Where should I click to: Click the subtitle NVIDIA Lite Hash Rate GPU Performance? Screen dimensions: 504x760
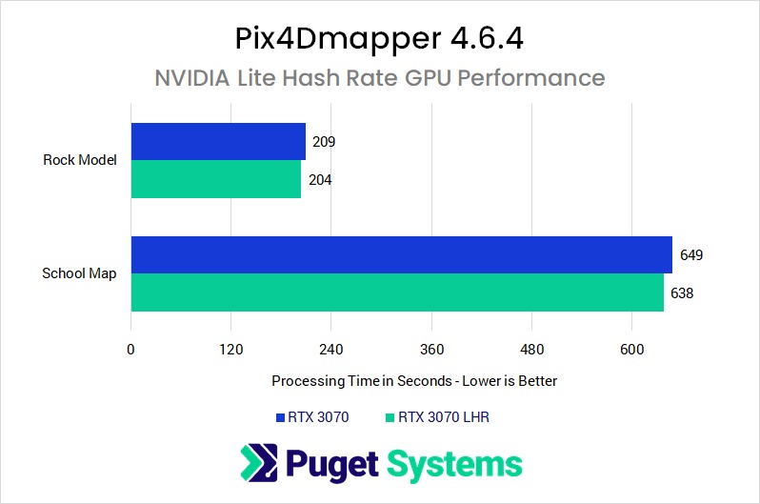tap(379, 77)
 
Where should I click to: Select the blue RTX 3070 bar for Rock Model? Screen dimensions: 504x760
tap(218, 141)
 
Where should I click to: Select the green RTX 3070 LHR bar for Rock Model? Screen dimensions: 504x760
tap(216, 179)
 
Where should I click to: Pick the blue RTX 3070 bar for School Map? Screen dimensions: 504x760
tap(401, 254)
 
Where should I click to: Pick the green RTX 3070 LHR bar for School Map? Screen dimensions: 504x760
tap(397, 292)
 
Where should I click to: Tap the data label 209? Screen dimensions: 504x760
tap(324, 142)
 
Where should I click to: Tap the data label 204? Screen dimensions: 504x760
tap(319, 179)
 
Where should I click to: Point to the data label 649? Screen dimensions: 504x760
tap(690, 255)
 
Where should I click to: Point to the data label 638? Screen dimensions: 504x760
tap(681, 292)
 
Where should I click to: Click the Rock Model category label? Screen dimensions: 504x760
tap(80, 160)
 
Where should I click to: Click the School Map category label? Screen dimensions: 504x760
tap(79, 273)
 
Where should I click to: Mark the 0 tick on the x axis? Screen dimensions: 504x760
tap(130, 349)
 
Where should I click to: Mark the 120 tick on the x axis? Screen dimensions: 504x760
tap(230, 349)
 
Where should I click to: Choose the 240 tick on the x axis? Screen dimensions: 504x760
tap(331, 349)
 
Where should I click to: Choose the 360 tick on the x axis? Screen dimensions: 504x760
tap(431, 349)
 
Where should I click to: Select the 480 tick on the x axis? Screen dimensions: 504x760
tap(531, 349)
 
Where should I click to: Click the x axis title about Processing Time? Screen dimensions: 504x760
tap(414, 380)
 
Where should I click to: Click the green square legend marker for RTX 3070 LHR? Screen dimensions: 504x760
tap(390, 417)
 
